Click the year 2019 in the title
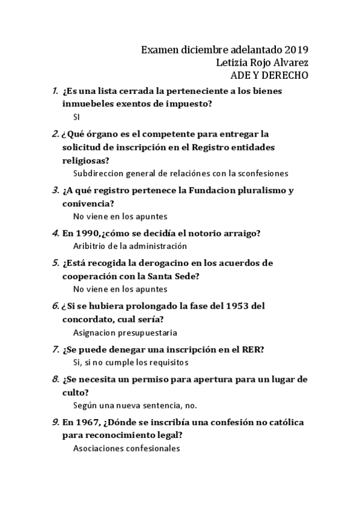(x=297, y=49)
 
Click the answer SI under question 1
(x=76, y=117)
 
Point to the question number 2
(x=55, y=134)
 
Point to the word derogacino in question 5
(x=185, y=263)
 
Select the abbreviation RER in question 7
(x=252, y=349)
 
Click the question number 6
(x=55, y=306)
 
